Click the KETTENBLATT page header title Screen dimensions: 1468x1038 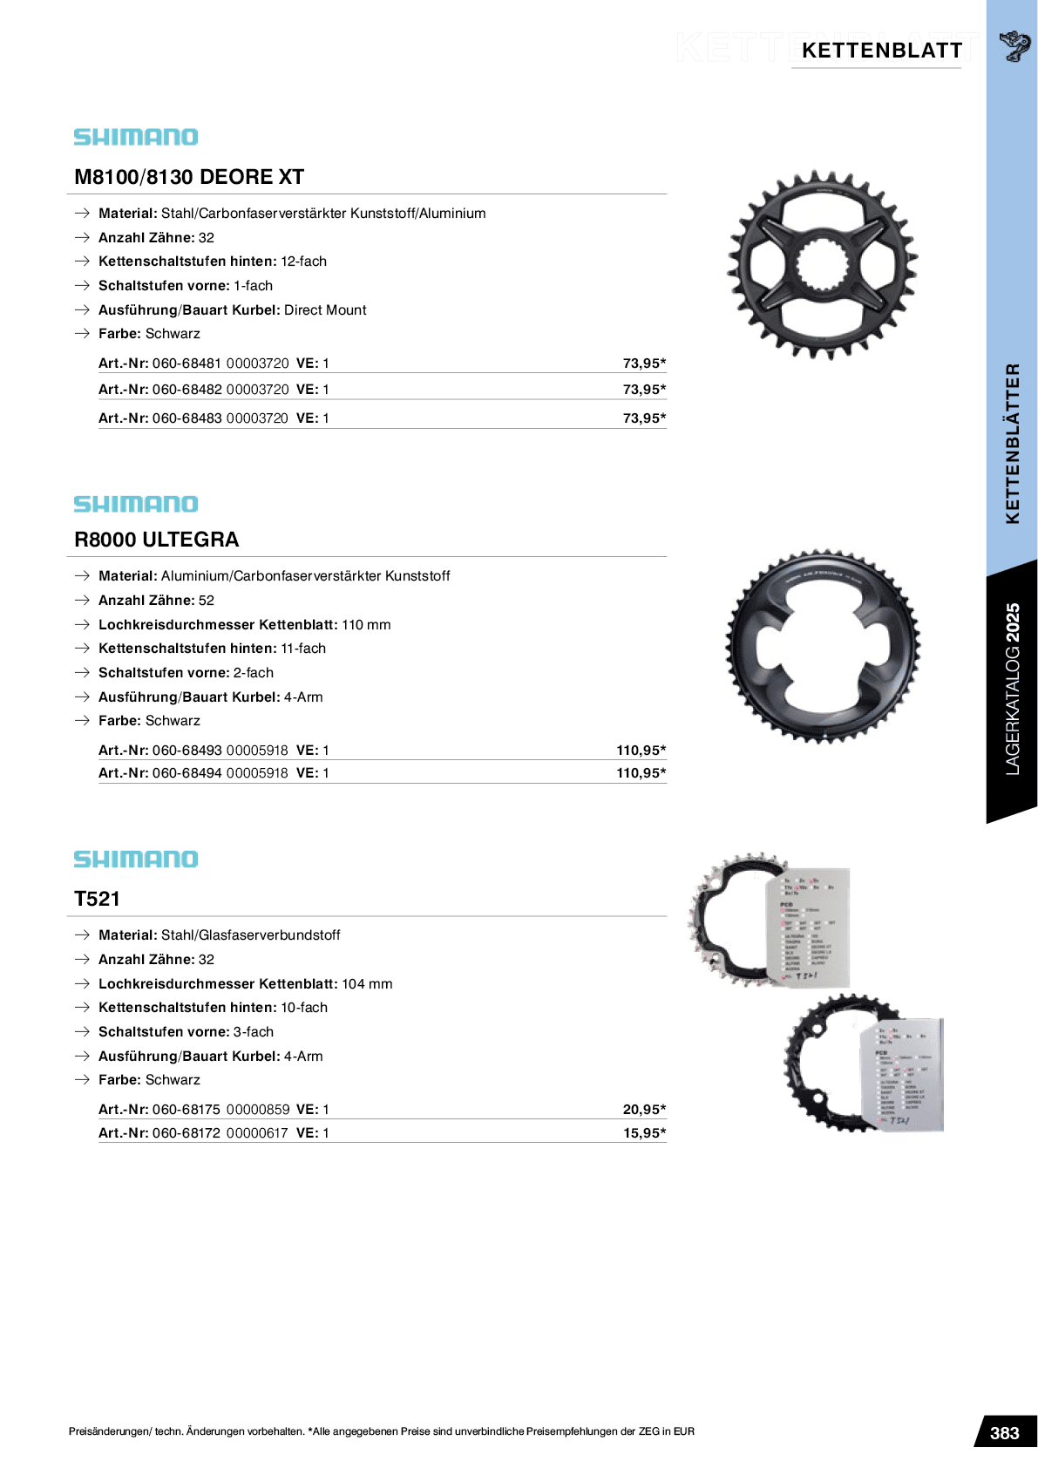[881, 51]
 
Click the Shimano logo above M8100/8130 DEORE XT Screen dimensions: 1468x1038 [136, 137]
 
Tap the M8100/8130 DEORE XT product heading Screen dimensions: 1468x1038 [189, 177]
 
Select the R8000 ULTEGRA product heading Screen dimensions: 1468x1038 [157, 540]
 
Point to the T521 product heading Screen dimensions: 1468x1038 [98, 899]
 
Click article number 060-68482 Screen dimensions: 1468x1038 [187, 390]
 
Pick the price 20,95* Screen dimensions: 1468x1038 [644, 1110]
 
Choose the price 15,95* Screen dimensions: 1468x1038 [644, 1133]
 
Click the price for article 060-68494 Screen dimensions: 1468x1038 [641, 773]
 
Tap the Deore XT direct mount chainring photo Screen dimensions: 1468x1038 [822, 264]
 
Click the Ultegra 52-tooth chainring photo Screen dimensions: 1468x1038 [822, 646]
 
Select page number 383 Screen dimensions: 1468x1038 [1004, 1433]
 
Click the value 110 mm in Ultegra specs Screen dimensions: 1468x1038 [366, 625]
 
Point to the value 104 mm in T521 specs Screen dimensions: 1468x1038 [367, 984]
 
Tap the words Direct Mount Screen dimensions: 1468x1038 [325, 310]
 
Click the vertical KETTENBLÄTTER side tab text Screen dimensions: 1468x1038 [1012, 443]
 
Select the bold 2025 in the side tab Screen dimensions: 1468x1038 [1012, 622]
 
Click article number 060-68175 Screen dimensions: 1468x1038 [187, 1110]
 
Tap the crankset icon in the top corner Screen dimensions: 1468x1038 [1014, 46]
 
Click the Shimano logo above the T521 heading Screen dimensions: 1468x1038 [136, 859]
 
